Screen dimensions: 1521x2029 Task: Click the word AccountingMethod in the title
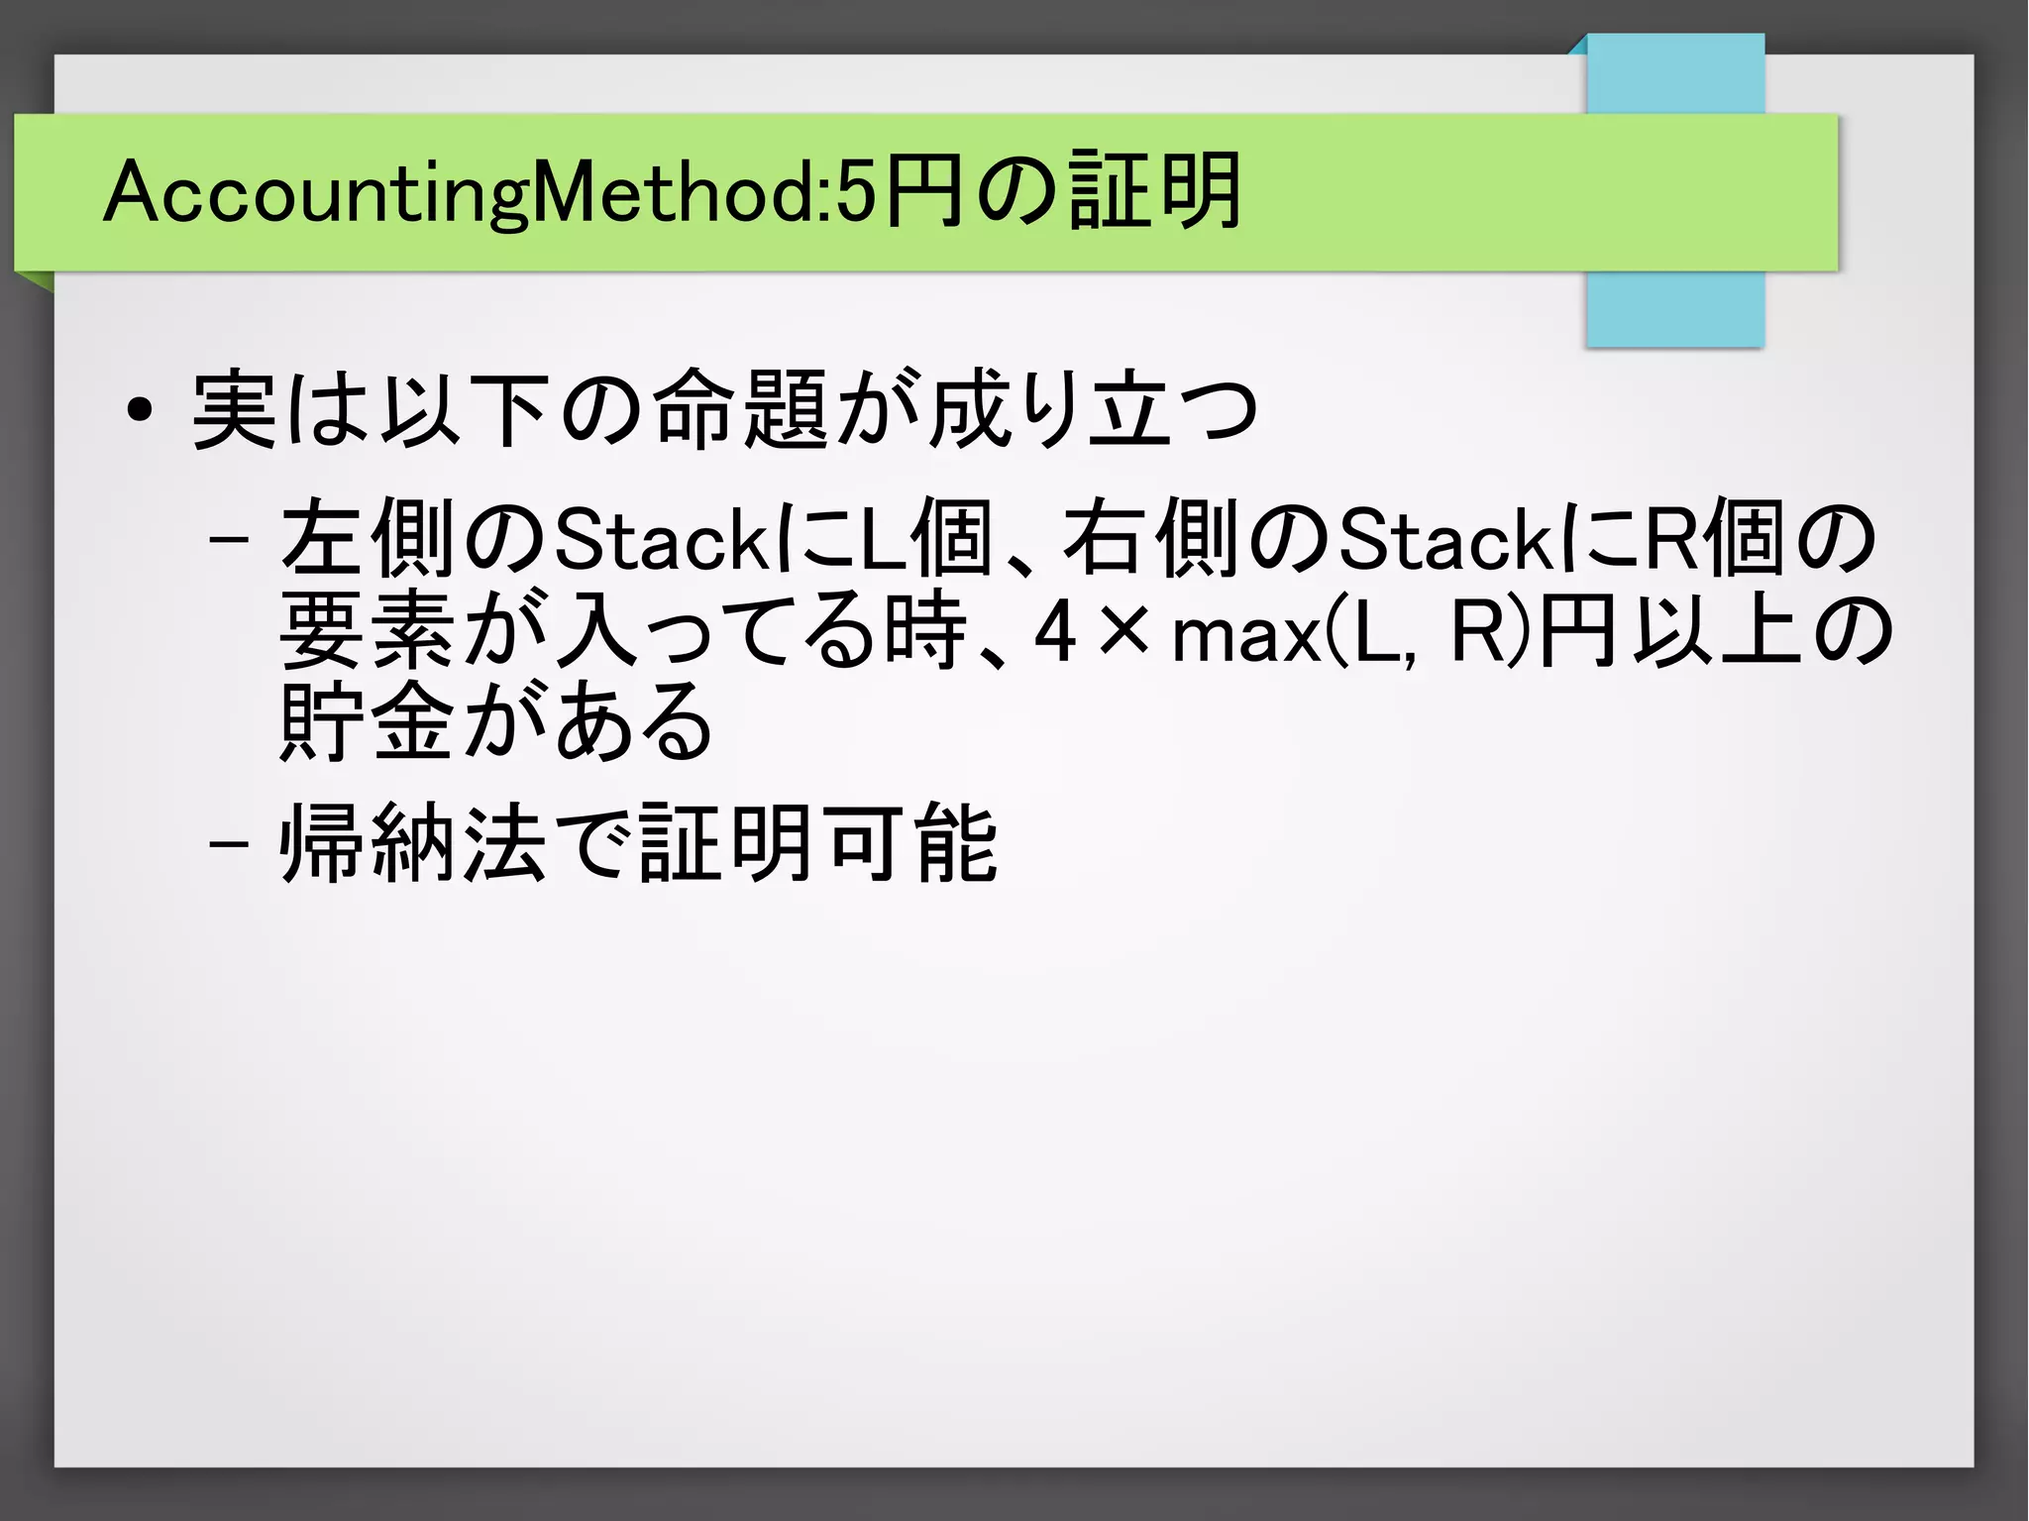pyautogui.click(x=466, y=192)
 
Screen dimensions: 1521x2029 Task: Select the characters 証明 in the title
pyautogui.click(x=1154, y=190)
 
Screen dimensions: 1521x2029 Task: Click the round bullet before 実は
pyautogui.click(x=140, y=409)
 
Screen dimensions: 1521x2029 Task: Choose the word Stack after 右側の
pyautogui.click(x=1445, y=540)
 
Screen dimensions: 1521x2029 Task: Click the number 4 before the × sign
pyautogui.click(x=1055, y=632)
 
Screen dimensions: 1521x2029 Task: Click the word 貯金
pyautogui.click(x=368, y=721)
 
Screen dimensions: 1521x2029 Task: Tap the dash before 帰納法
pyautogui.click(x=229, y=845)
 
